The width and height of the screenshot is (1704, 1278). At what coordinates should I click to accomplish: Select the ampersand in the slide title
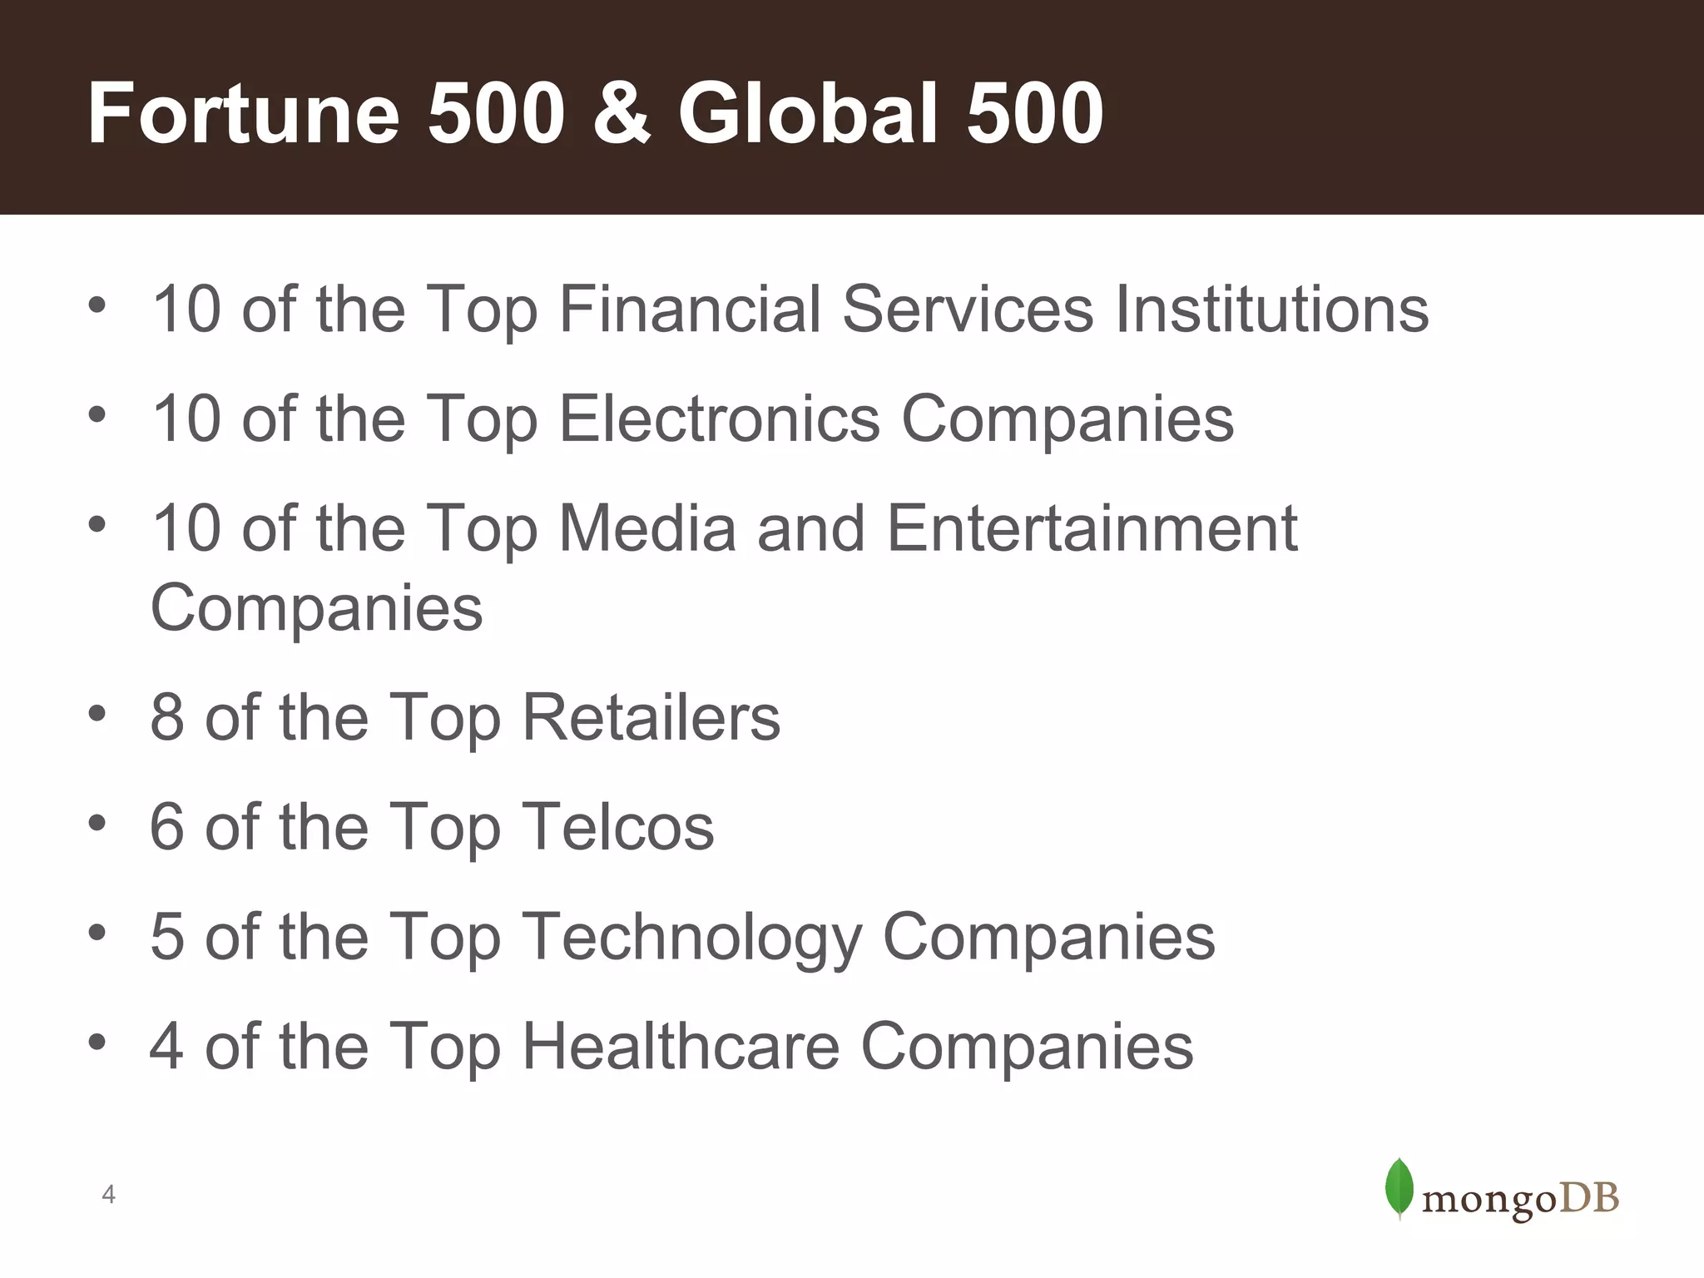coord(621,115)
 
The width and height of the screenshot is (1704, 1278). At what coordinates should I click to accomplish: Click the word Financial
coord(690,310)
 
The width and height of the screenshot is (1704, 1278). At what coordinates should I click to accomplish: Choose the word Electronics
coord(719,419)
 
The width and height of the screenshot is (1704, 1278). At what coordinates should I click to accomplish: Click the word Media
coord(647,528)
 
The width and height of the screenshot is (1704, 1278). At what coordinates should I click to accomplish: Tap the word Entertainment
coord(1092,528)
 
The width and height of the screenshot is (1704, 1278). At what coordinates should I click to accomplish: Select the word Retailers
coord(651,717)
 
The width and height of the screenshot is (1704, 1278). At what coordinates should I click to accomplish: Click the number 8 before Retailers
coord(166,717)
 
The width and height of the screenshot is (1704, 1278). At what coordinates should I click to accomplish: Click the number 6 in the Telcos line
coord(166,827)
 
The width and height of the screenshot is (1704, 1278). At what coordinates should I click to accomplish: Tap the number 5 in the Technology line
coord(166,937)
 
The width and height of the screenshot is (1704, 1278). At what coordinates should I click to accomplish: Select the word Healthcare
coord(681,1047)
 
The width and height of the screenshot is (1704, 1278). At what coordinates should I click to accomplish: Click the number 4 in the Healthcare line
coord(166,1047)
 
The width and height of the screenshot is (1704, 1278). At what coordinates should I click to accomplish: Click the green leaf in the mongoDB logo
coord(1399,1188)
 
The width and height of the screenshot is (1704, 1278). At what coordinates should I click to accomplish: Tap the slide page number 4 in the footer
coord(108,1196)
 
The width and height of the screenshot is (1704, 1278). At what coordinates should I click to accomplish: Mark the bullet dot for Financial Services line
coord(97,305)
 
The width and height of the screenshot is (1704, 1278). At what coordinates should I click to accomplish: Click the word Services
coord(968,310)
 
